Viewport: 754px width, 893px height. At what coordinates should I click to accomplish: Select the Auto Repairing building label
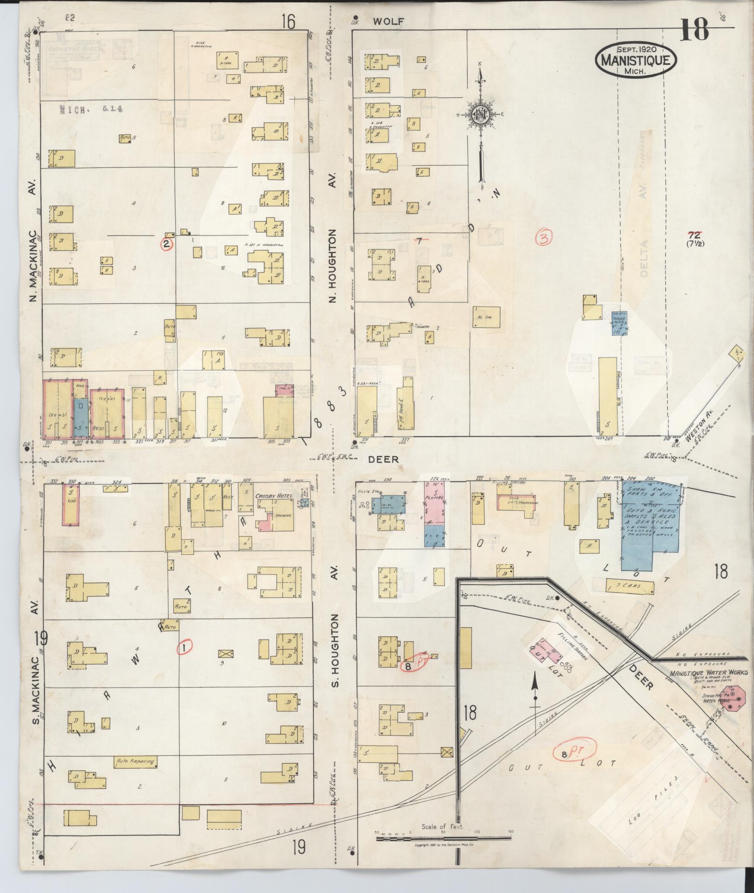pos(135,761)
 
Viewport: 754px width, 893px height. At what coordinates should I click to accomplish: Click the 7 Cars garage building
pos(629,587)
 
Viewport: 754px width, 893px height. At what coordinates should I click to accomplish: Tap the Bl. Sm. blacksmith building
pos(486,318)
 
